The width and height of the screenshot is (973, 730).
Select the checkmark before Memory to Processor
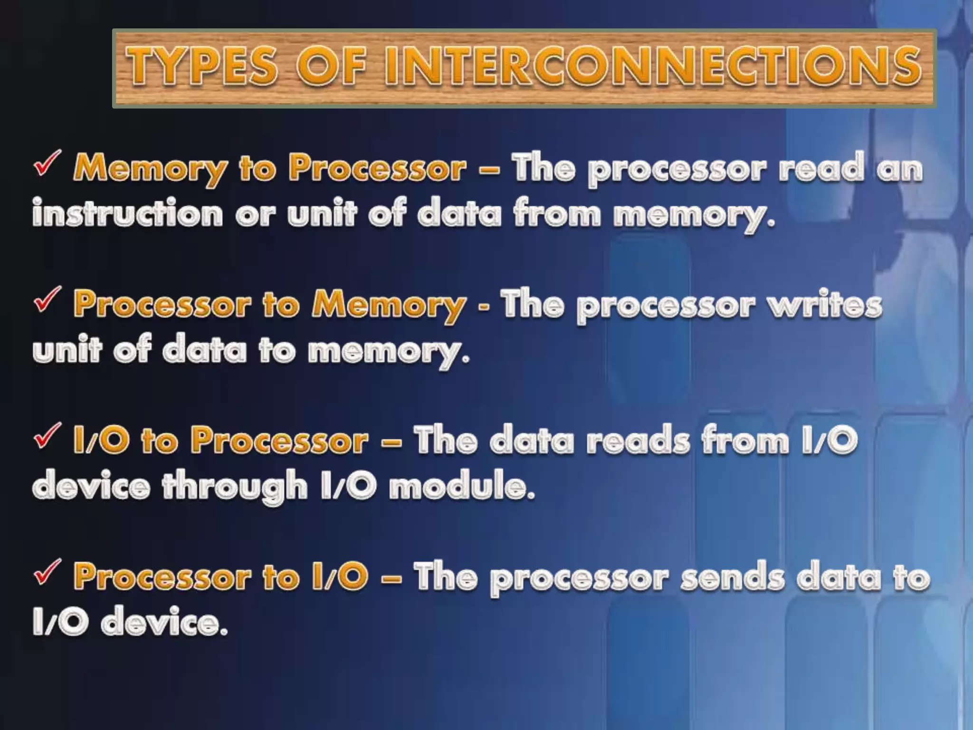(x=47, y=163)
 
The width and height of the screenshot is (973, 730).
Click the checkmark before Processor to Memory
(x=47, y=300)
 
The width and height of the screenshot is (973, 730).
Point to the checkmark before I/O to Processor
(x=47, y=436)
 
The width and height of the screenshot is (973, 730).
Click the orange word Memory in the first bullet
(x=150, y=169)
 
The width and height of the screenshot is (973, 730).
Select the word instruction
(x=127, y=214)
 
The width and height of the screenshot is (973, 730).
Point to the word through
(x=235, y=487)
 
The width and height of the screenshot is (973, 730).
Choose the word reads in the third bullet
(x=638, y=441)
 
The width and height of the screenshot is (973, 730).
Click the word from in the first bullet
(x=556, y=214)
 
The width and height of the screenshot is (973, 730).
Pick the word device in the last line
(x=164, y=623)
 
